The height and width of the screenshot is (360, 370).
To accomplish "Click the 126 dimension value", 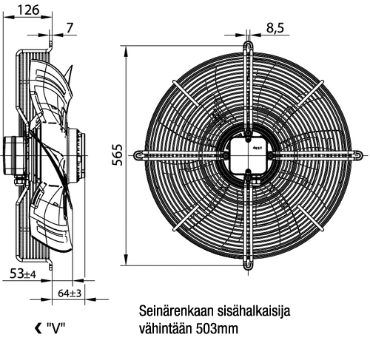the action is click(28, 10).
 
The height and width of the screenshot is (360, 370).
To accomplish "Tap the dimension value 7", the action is click(70, 27).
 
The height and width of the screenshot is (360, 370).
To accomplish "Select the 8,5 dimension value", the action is click(275, 28).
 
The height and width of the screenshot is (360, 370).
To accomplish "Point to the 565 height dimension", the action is click(118, 154).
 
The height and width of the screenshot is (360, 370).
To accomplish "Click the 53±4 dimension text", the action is click(23, 274).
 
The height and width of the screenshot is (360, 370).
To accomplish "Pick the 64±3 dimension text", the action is click(70, 293).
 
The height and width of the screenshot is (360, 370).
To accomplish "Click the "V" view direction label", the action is click(55, 328).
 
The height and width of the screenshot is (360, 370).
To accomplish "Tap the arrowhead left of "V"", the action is click(38, 328).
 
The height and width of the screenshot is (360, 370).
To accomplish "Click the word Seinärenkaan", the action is click(176, 311).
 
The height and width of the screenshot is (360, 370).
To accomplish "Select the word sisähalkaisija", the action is click(254, 311).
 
